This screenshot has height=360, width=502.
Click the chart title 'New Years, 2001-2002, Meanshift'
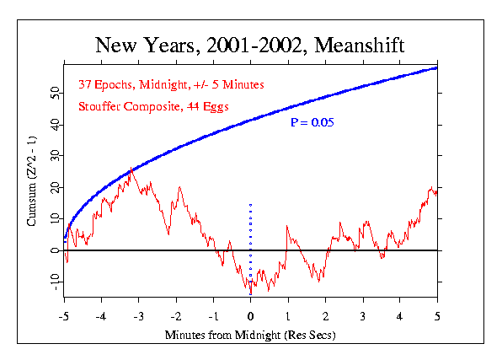coord(249,46)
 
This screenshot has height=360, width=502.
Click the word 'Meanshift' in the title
coord(360,45)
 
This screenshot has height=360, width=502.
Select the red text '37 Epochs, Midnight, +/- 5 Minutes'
coord(171,84)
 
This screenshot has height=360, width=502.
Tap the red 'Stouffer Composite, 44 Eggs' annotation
coord(153,107)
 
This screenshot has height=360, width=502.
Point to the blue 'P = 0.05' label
coord(312,122)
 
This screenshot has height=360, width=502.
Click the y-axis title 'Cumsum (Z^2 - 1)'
coord(31,181)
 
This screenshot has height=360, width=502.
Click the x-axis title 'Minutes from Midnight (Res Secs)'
coord(250,335)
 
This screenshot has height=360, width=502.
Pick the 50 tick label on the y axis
coord(56,93)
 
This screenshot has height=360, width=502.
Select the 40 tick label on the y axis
coord(56,125)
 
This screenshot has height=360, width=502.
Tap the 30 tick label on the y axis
coord(56,155)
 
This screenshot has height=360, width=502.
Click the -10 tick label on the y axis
coord(56,282)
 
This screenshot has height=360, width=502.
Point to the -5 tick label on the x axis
coord(64,316)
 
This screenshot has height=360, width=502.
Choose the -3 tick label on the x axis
coord(139,316)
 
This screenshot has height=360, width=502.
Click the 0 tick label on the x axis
coord(251,316)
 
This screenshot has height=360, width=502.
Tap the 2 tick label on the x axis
coord(326,316)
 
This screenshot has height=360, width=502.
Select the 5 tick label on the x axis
coord(437,316)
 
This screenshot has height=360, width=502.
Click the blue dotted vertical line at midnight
coord(251,249)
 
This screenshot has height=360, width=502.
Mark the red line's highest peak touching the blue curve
coord(131,168)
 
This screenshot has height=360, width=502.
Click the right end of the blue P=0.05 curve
coord(436,68)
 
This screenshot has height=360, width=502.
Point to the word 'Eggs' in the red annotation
coord(216,107)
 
